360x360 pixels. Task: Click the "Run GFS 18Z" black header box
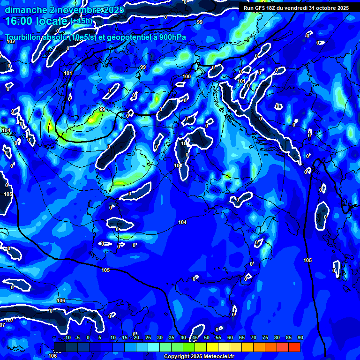tap(296, 8)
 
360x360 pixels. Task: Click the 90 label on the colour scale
tap(300, 338)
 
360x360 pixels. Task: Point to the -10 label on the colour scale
tap(67, 338)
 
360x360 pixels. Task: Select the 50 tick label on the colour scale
tap(207, 338)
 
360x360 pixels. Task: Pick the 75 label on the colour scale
tap(265, 338)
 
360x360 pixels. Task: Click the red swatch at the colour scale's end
tap(294, 347)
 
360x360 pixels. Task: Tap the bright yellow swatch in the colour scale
tap(212, 347)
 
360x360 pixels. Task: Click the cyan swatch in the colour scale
tap(154, 347)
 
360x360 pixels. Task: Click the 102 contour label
tap(11, 41)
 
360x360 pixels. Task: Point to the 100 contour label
tap(187, 76)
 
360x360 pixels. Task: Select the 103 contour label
tap(178, 165)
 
